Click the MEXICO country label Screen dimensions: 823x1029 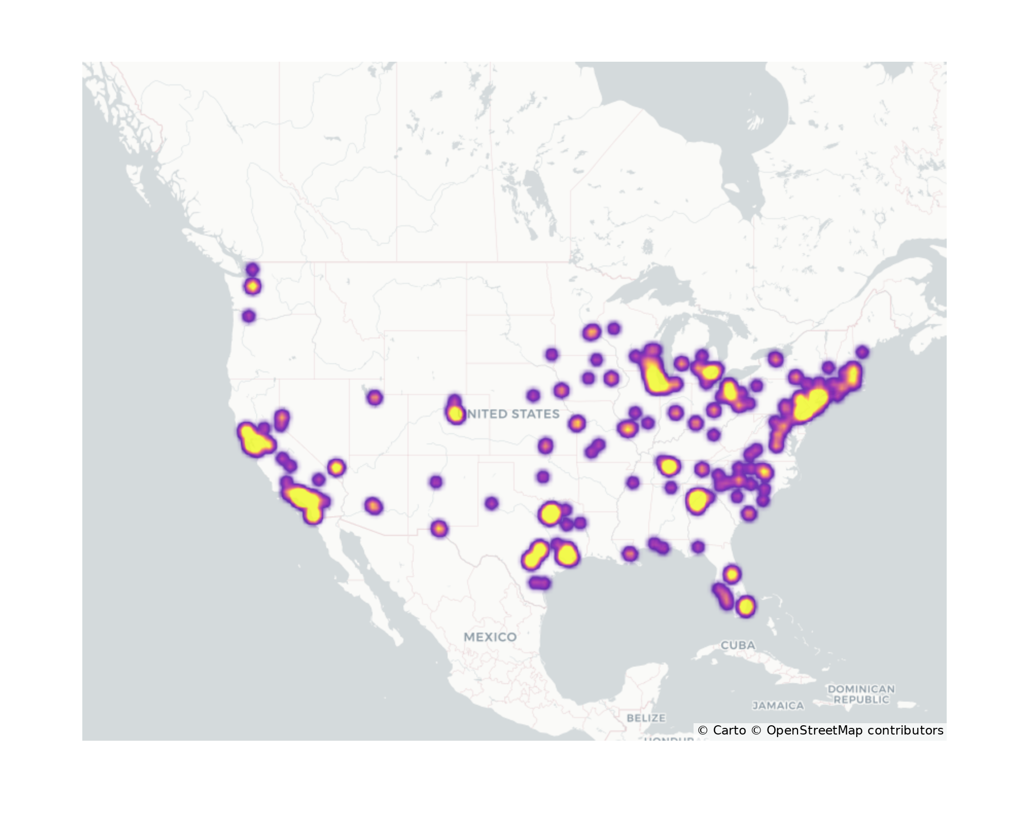click(x=490, y=637)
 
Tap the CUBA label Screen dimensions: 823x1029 click(x=738, y=645)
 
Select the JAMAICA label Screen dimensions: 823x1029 click(x=778, y=705)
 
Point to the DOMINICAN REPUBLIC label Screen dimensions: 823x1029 click(x=861, y=694)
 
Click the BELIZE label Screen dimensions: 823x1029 click(x=646, y=718)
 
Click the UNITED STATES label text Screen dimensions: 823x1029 click(x=514, y=414)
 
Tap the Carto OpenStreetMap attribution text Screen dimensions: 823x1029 click(x=820, y=730)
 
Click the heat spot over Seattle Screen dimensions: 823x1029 click(x=252, y=287)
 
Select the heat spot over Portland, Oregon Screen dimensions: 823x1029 click(x=249, y=316)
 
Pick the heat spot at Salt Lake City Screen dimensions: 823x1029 click(x=375, y=397)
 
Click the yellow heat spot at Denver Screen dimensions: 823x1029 click(x=455, y=413)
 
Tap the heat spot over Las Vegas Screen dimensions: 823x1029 click(x=336, y=468)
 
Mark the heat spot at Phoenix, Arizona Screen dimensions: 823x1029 click(x=374, y=506)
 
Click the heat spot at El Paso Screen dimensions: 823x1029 click(x=438, y=528)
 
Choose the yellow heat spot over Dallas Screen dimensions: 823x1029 click(x=550, y=513)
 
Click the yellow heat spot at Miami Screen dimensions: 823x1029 click(x=746, y=606)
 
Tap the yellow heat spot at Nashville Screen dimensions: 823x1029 click(x=668, y=466)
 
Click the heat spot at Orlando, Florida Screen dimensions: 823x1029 click(x=732, y=574)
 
